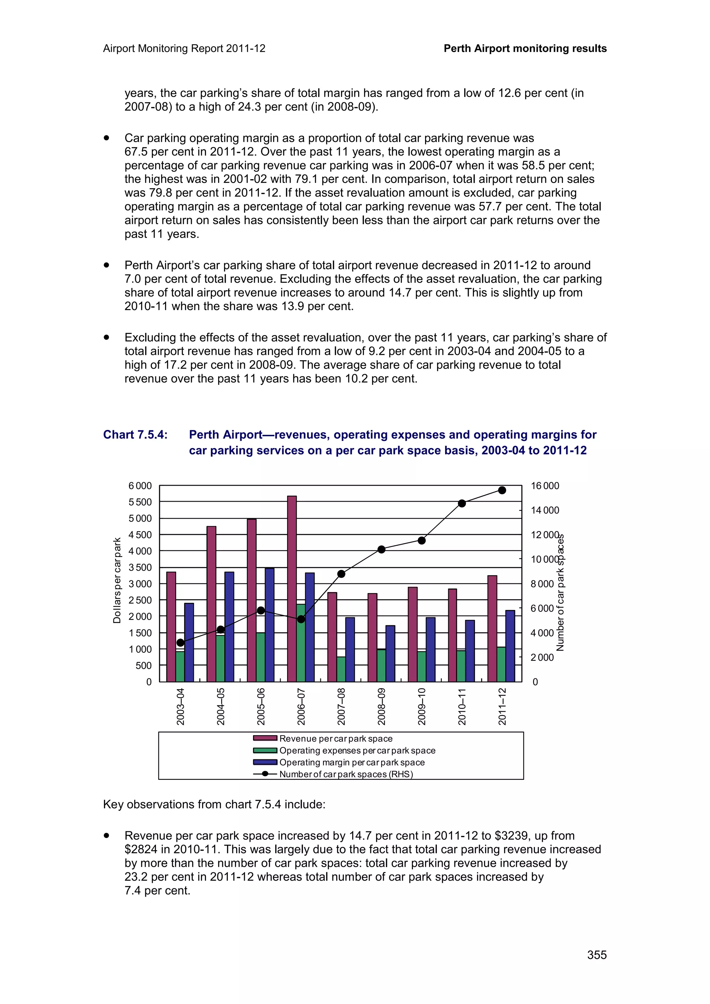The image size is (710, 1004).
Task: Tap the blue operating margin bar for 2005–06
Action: pyautogui.click(x=269, y=625)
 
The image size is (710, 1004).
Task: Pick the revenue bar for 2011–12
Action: pyautogui.click(x=492, y=630)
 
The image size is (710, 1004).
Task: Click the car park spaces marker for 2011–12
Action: pyautogui.click(x=502, y=490)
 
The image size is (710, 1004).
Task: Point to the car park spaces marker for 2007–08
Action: pyautogui.click(x=341, y=574)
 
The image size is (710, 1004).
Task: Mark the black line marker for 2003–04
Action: pyautogui.click(x=180, y=642)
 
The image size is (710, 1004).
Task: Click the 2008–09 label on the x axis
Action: pyautogui.click(x=381, y=707)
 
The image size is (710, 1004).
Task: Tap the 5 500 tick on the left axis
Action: pyautogui.click(x=140, y=502)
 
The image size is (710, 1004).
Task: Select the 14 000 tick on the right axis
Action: pyautogui.click(x=545, y=510)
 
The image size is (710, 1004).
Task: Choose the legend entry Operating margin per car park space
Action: pyautogui.click(x=352, y=762)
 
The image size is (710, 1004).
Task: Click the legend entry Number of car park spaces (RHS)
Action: pyautogui.click(x=346, y=774)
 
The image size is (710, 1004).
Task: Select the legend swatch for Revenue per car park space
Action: pyautogui.click(x=265, y=739)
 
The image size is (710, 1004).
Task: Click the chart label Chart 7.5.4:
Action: pyautogui.click(x=135, y=435)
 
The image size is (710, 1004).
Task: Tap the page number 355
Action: pyautogui.click(x=597, y=955)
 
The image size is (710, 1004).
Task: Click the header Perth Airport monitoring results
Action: pyautogui.click(x=525, y=49)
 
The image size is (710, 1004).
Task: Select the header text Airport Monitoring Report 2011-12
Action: pyautogui.click(x=184, y=49)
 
